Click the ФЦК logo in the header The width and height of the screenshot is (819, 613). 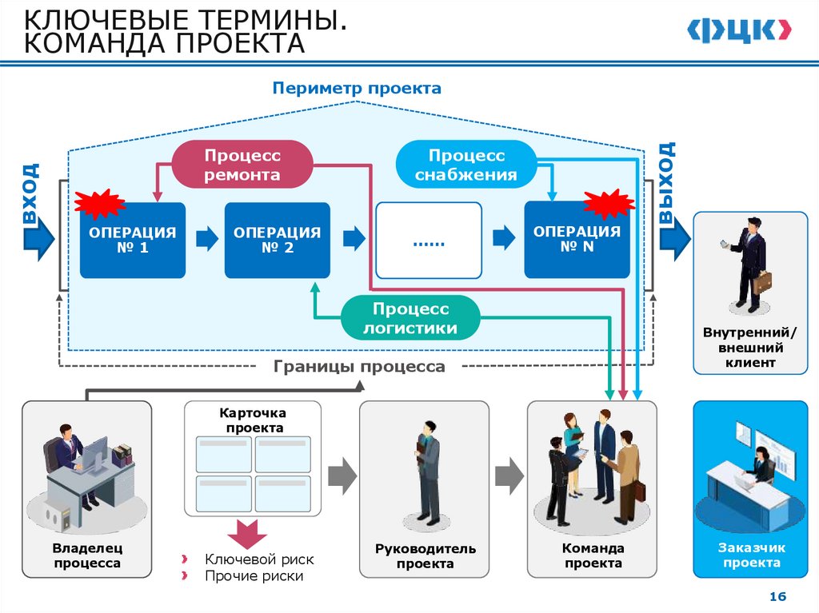click(x=741, y=30)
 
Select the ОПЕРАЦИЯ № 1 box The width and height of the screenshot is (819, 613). click(x=132, y=241)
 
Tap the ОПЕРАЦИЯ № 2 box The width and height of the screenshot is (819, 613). click(x=277, y=241)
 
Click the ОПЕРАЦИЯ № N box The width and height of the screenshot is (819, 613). click(x=577, y=240)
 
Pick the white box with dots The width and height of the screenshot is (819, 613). click(x=429, y=240)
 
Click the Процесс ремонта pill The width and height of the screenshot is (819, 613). click(x=242, y=165)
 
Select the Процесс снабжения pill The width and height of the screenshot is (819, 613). click(x=465, y=165)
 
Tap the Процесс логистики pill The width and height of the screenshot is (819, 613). click(x=410, y=318)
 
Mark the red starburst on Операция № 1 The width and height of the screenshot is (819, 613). click(x=98, y=205)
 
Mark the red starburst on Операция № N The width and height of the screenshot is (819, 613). click(x=609, y=204)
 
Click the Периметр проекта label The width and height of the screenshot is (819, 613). click(x=356, y=88)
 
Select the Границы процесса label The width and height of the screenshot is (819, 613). click(x=359, y=367)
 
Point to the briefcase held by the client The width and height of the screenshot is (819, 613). click(x=762, y=282)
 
